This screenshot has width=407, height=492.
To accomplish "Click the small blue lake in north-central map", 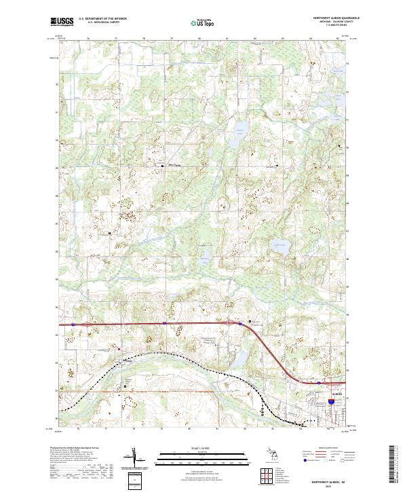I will tap(239, 132).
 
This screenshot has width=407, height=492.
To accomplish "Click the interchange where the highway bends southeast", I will tap(241, 325).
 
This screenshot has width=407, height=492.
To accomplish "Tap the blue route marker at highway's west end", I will tap(71, 325).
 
